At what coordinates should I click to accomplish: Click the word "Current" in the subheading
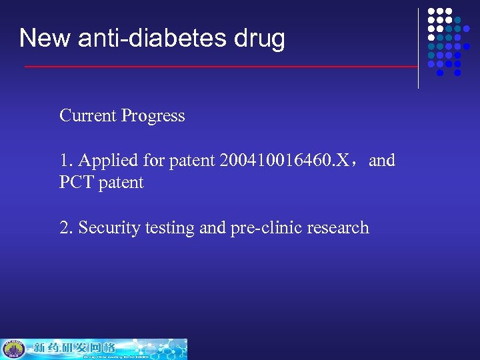pyautogui.click(x=87, y=115)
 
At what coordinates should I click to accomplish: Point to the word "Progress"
pyautogui.click(x=153, y=116)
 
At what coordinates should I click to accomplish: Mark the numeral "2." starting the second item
pyautogui.click(x=66, y=228)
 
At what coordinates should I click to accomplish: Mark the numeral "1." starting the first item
pyautogui.click(x=66, y=161)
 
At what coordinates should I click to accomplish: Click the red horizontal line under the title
pyautogui.click(x=220, y=67)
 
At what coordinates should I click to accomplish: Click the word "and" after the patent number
pyautogui.click(x=381, y=161)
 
